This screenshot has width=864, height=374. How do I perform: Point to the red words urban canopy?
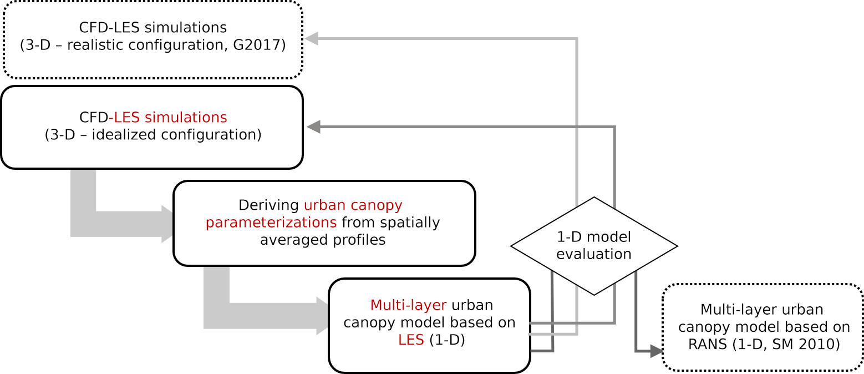coord(353,205)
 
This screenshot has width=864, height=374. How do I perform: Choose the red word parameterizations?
coord(271,223)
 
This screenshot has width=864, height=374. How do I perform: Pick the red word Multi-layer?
coord(408,305)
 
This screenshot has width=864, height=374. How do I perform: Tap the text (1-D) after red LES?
coord(447,340)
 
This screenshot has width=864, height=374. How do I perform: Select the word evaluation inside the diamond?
coord(594,254)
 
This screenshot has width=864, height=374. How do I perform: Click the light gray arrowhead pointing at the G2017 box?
coord(311,38)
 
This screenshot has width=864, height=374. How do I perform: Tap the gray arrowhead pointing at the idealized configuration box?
coord(314,127)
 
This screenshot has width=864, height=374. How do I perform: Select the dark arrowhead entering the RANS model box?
coord(657,351)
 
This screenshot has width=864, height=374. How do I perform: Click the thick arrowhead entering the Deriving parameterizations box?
coord(168,224)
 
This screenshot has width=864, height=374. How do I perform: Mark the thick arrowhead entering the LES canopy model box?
coord(323,316)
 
